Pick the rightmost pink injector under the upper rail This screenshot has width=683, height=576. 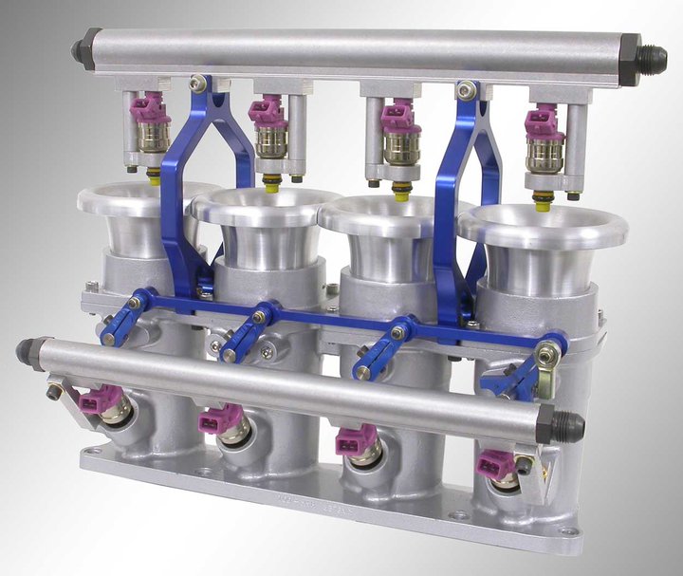pyautogui.click(x=542, y=122)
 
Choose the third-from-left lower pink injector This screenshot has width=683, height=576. pyautogui.click(x=355, y=439)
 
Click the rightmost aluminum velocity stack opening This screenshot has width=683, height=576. pyautogui.click(x=542, y=226)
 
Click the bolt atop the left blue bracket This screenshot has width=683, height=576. pyautogui.click(x=197, y=84)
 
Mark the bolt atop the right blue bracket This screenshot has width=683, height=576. pyautogui.click(x=465, y=91)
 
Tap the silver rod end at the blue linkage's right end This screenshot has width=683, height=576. pyautogui.click(x=547, y=355)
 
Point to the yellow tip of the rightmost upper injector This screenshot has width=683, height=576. pyautogui.click(x=543, y=201)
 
